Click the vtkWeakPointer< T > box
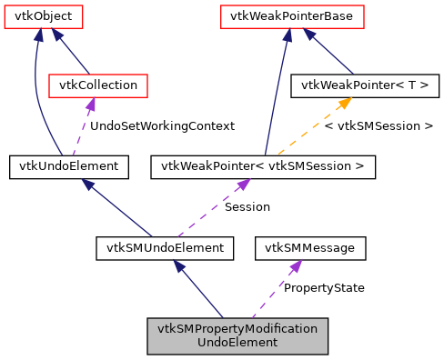(x=364, y=85)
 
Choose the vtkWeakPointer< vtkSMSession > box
(x=263, y=166)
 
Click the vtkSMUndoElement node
(x=165, y=246)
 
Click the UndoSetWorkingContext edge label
(x=162, y=125)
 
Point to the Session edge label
(x=247, y=206)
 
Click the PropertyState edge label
(x=324, y=287)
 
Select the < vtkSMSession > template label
(x=378, y=125)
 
